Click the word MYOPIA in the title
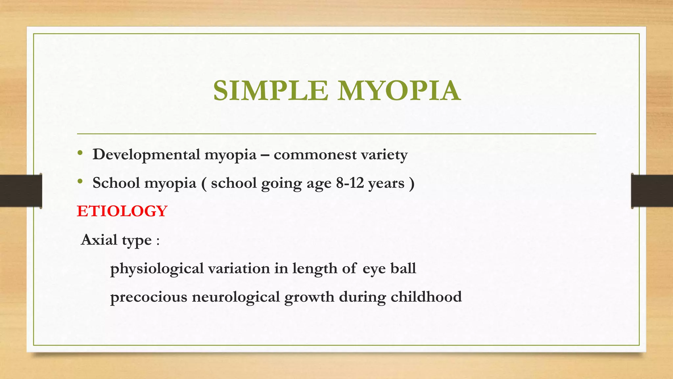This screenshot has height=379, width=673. (x=399, y=91)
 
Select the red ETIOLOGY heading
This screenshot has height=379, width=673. (x=122, y=211)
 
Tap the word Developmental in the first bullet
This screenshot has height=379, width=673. (x=146, y=155)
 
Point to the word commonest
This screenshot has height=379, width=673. (x=315, y=155)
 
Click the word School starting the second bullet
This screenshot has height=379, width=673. (x=116, y=183)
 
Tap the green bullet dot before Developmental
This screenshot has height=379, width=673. (x=80, y=153)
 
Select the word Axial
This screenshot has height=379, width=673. (x=99, y=240)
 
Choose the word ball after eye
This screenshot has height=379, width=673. (x=403, y=268)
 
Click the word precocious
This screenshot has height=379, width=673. (x=149, y=297)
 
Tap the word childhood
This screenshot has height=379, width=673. (x=426, y=297)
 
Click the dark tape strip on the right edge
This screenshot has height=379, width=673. (x=652, y=191)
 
